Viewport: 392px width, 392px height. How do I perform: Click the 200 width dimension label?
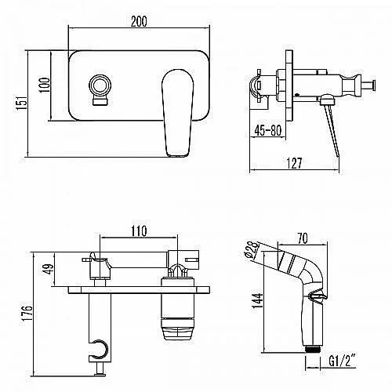point(139,21)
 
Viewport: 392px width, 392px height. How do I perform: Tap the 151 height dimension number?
point(22,103)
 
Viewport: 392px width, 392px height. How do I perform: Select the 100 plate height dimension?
point(45,85)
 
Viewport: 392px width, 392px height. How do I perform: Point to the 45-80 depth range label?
point(268,130)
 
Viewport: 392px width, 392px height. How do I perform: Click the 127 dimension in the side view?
point(294,163)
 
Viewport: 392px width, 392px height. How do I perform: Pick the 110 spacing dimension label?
point(139,231)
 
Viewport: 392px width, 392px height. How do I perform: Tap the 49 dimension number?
point(49,268)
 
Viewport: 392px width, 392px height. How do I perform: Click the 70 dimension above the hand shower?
point(303,238)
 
